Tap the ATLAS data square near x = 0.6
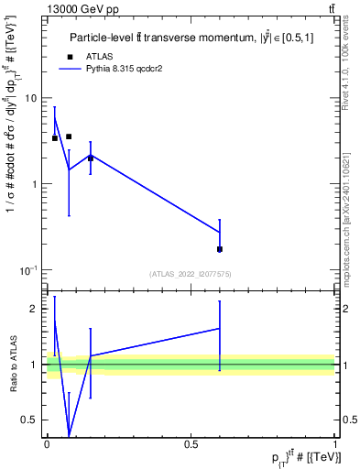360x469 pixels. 220,249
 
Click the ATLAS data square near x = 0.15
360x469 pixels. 90,158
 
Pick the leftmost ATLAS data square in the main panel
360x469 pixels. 55,138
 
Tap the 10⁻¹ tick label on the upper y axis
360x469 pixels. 31,269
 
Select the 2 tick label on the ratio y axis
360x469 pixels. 36,309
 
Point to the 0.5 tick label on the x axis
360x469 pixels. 191,444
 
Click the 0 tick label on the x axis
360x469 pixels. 47,444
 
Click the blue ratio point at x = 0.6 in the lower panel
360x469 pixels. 220,328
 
